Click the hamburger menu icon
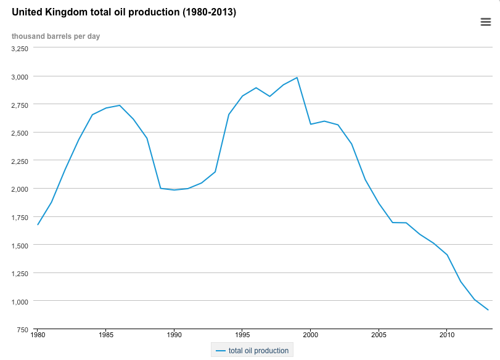[485, 22]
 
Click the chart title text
[124, 12]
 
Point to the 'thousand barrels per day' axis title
[55, 36]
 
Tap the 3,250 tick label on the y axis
[20, 48]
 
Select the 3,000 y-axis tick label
[20, 76]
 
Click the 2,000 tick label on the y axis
[20, 189]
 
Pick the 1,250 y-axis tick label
[20, 273]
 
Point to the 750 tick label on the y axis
[23, 329]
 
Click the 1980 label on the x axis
[38, 335]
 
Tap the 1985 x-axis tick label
[106, 335]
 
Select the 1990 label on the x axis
[174, 335]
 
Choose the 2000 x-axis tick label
[310, 335]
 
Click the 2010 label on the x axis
[447, 335]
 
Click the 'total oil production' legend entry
[252, 351]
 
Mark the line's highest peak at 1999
[297, 78]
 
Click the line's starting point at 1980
[38, 224]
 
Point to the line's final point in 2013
[488, 309]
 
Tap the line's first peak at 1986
[120, 105]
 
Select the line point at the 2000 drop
[311, 124]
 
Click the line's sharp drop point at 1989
[160, 188]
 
